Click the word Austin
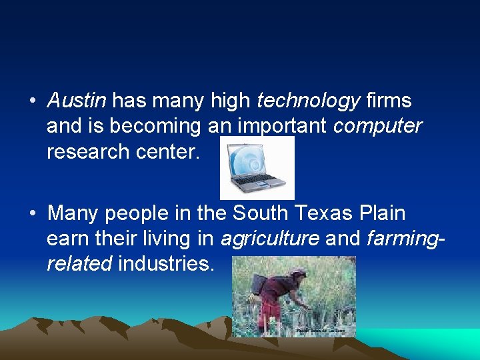pos(77,101)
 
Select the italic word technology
pos(308,101)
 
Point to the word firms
pos(389,101)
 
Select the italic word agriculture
pos(269,239)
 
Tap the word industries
pos(166,264)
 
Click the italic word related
pos(79,264)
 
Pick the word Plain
pos(381,213)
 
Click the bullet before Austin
pos(32,101)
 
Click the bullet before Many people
pos(32,214)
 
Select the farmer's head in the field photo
pos(298,275)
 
